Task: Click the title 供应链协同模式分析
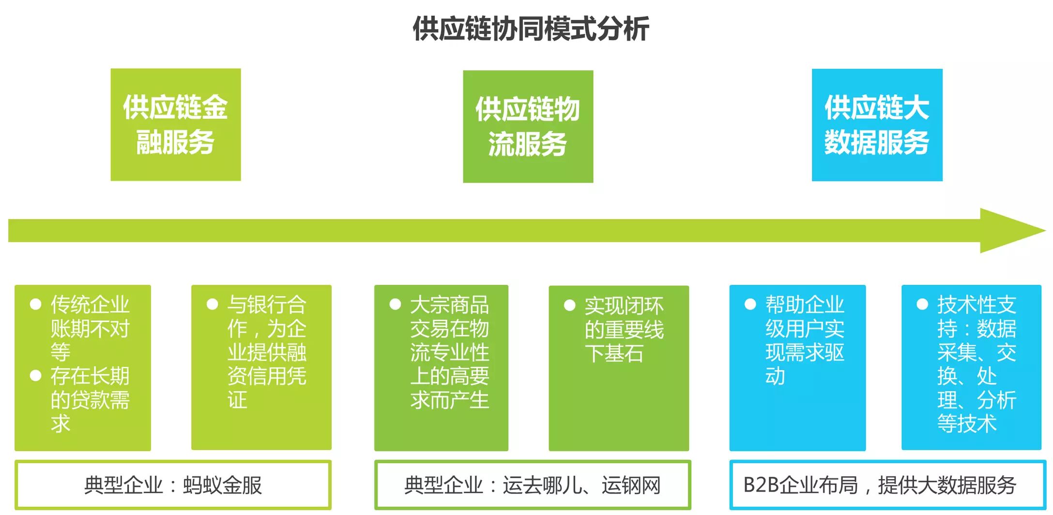coord(531,29)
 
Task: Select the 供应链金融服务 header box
coord(176,125)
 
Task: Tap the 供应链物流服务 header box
coord(528,126)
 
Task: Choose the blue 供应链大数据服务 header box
coord(877,125)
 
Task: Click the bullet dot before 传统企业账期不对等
coord(35,304)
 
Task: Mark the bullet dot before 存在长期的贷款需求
coord(35,376)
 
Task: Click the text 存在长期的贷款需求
coord(90,400)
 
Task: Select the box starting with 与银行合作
coord(261,367)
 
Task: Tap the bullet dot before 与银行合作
coord(212,304)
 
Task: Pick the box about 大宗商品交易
coord(441,367)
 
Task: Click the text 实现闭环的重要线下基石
coord(624,329)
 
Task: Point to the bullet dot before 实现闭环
coord(569,305)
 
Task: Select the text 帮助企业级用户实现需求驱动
coord(805,341)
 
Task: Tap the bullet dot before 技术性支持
coord(922,304)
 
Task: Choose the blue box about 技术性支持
coord(971,367)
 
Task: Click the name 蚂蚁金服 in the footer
coord(222,485)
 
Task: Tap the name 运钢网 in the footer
coord(631,485)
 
